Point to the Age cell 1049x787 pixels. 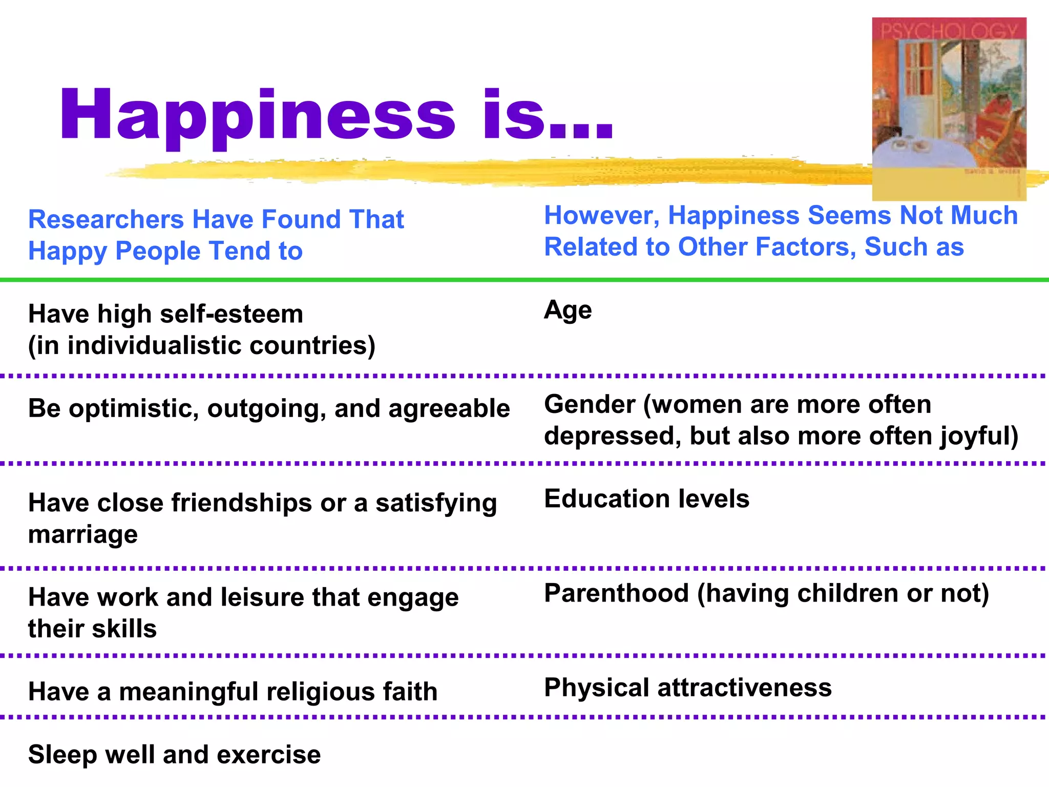[x=568, y=310]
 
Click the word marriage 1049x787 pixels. [x=83, y=535]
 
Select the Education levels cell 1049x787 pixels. [x=646, y=499]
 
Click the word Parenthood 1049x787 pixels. [x=616, y=593]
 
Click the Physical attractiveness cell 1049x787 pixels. [x=688, y=688]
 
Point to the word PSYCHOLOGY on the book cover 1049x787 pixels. [x=949, y=31]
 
